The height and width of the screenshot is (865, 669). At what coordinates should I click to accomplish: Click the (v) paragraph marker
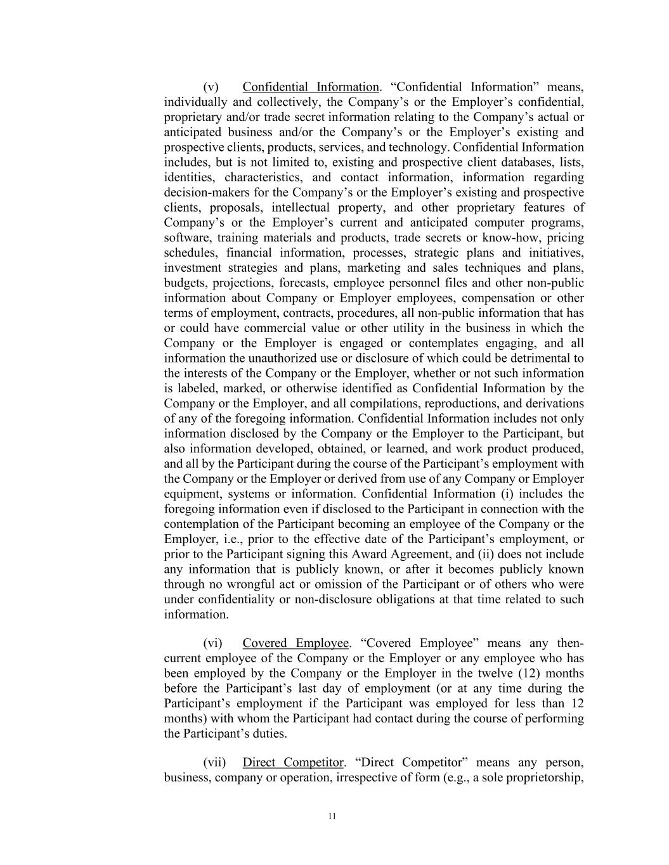pyautogui.click(x=211, y=87)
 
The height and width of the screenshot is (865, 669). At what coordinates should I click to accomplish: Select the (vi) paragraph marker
pyautogui.click(x=212, y=643)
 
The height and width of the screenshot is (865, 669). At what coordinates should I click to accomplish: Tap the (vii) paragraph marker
pyautogui.click(x=214, y=762)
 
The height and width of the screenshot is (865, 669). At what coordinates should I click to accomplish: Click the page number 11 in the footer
pyautogui.click(x=332, y=816)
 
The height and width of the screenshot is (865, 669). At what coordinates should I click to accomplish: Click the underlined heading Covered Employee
pyautogui.click(x=296, y=643)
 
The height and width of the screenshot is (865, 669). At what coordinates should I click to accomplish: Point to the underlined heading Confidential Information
pyautogui.click(x=311, y=87)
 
